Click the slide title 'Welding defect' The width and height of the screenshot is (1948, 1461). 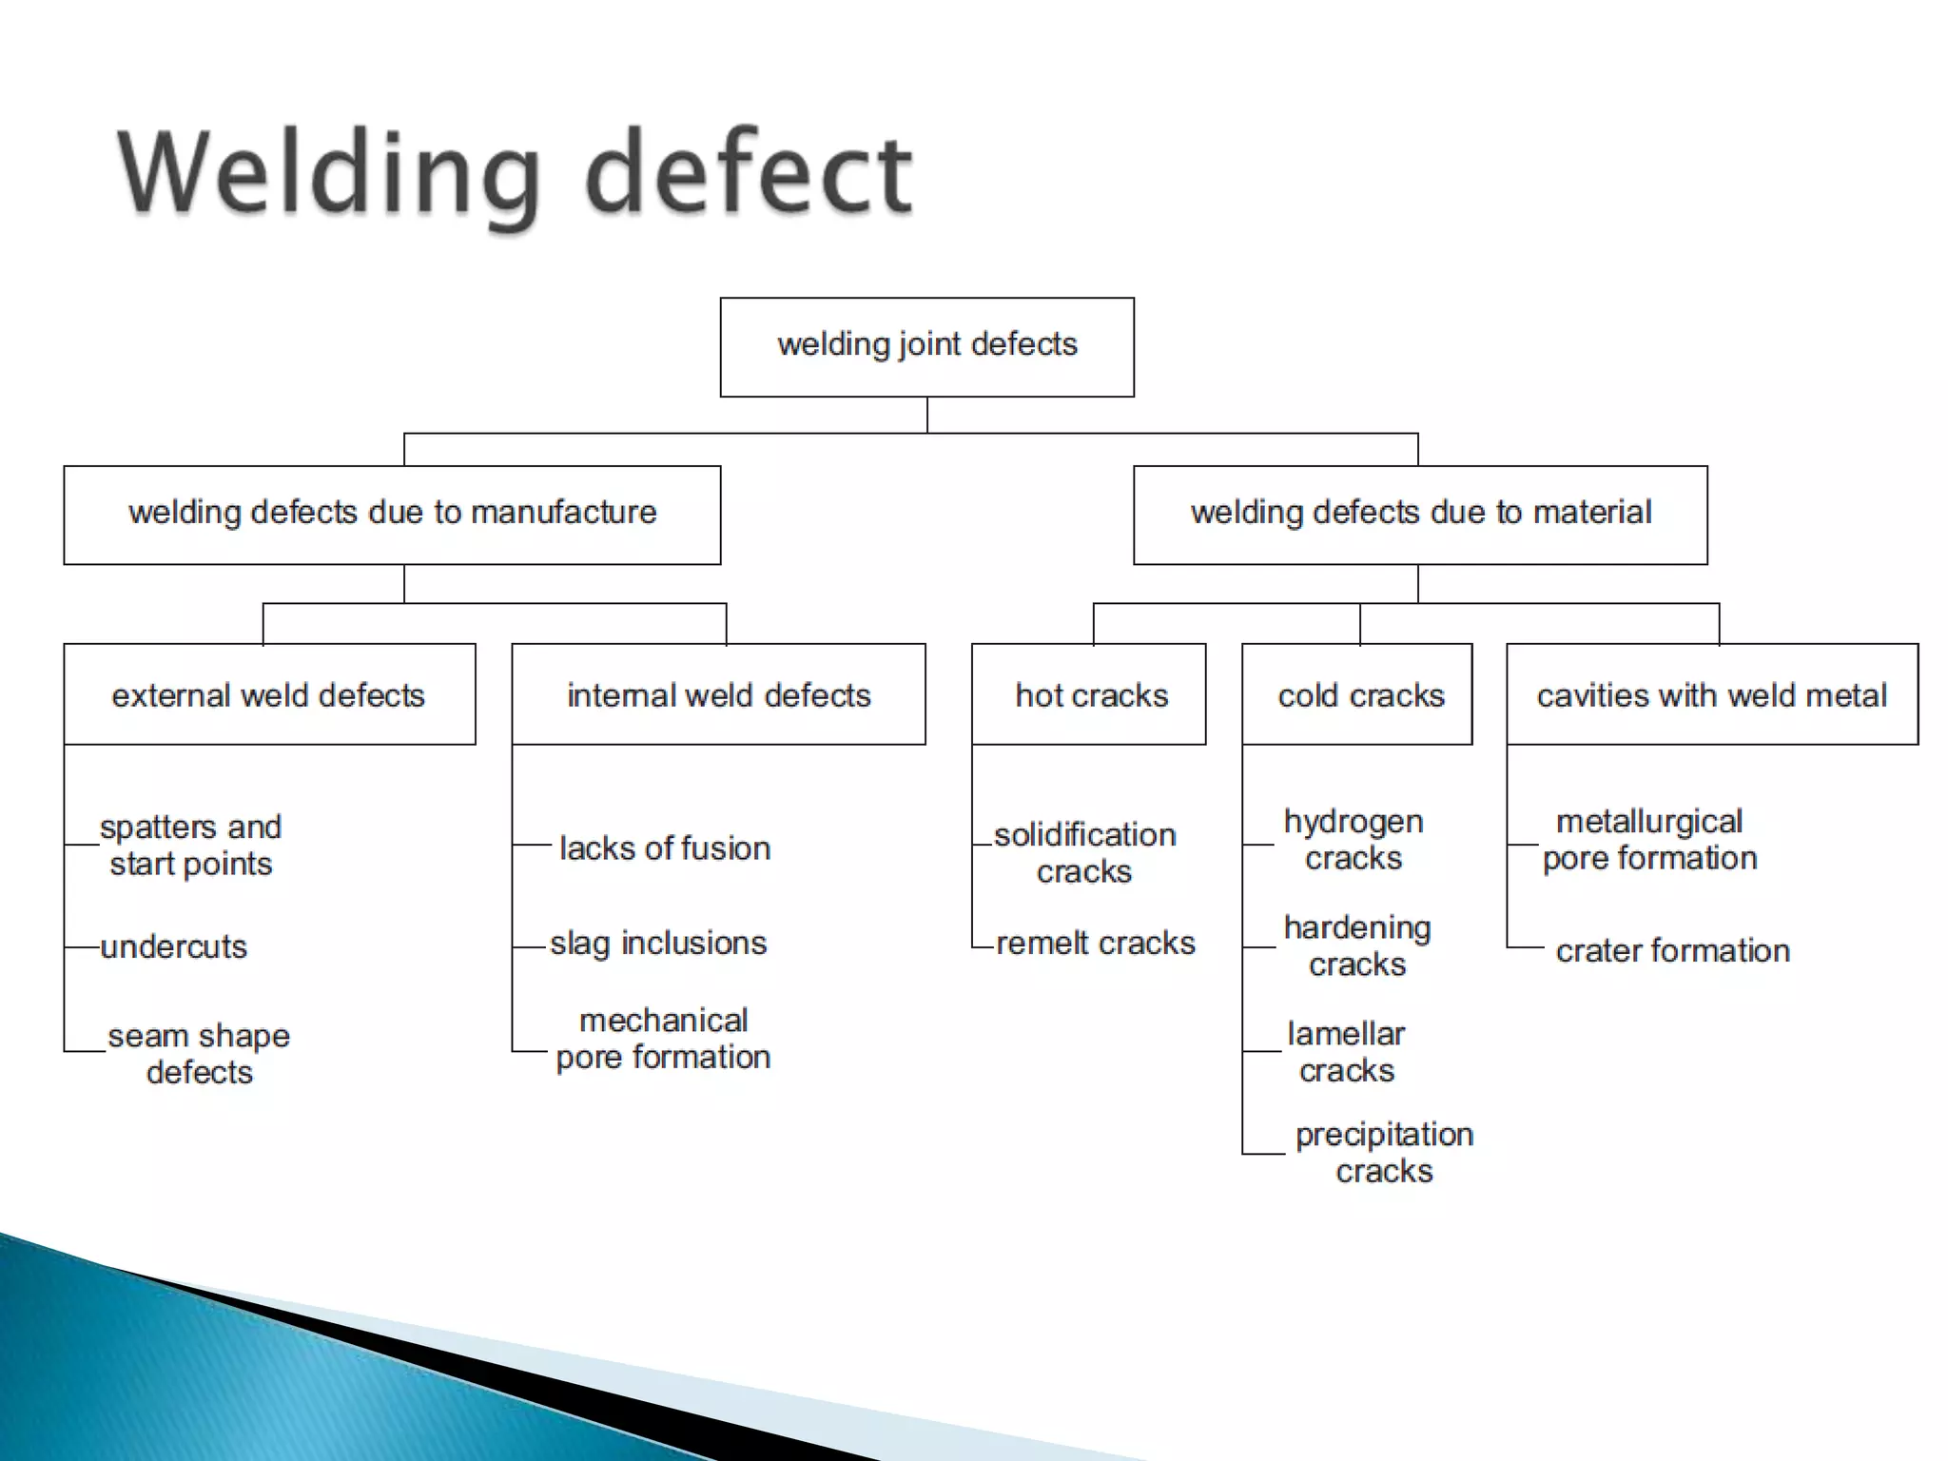pos(515,173)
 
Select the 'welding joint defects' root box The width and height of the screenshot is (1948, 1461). pos(926,346)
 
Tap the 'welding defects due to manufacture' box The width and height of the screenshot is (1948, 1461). pos(392,515)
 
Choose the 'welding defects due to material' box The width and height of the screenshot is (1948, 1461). pos(1420,515)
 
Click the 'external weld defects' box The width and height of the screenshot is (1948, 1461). pos(269,694)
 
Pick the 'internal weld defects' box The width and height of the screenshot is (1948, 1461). pos(718,694)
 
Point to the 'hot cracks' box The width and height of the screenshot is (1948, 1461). pos(1090,694)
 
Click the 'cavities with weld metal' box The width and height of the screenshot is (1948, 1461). pos(1711,694)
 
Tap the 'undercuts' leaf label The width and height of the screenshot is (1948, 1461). pos(173,946)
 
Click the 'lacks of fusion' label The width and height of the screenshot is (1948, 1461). pos(664,847)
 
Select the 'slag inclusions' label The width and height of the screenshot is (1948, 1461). pos(658,943)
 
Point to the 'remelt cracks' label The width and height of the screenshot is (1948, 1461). pos(1095,943)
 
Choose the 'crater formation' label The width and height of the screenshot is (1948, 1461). pos(1672,950)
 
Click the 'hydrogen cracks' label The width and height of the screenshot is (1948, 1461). pos(1354,839)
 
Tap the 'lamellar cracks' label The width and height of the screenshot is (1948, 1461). pos(1346,1051)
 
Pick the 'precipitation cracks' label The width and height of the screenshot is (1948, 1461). pos(1384,1152)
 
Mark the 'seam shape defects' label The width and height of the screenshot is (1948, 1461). pos(199,1053)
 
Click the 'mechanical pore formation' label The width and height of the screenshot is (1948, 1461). pos(663,1038)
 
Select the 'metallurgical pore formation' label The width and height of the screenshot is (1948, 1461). pos(1649,839)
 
